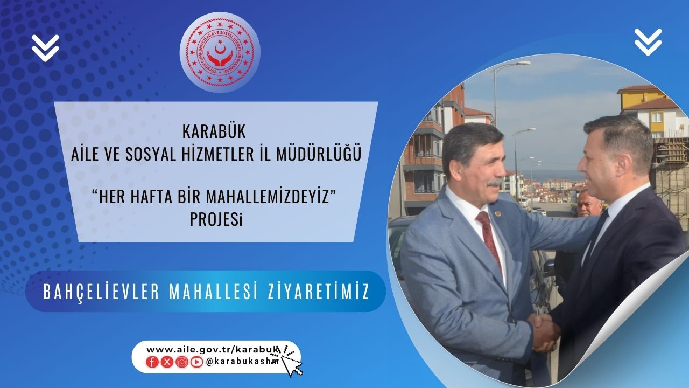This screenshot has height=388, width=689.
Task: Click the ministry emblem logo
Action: coord(220,52)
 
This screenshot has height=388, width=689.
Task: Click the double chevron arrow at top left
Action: coord(45,48)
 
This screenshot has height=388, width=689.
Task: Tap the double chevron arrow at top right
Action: coord(648,42)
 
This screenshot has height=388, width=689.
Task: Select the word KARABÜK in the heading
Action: coord(214,131)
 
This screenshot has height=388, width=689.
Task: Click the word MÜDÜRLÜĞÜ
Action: coord(319,154)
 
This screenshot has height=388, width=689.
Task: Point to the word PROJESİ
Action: coord(216,219)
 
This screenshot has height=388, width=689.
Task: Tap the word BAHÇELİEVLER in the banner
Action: coord(102,292)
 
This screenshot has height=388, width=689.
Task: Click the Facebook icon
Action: coord(152,362)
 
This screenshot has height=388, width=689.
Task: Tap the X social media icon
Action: coord(167,362)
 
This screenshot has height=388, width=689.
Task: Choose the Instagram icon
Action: coord(182,362)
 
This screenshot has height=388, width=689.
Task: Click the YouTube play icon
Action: coord(196,362)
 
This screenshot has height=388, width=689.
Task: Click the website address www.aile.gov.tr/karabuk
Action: coord(213,350)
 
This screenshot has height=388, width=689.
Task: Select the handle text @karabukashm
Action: coord(242,362)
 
